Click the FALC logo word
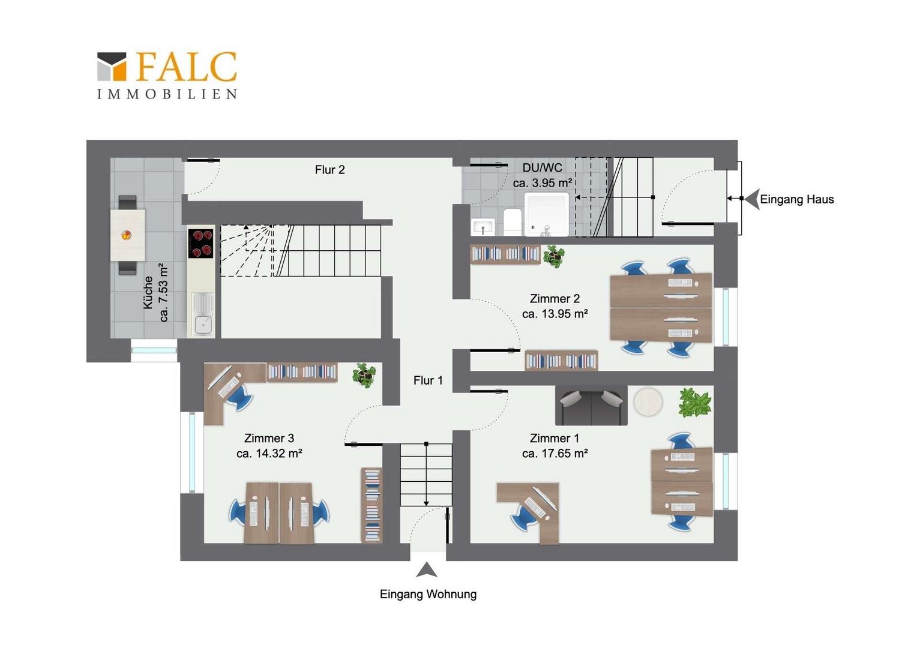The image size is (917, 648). [x=187, y=66]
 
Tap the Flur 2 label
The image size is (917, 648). [x=330, y=170]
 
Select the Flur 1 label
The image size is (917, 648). [x=428, y=380]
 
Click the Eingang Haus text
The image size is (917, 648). [x=797, y=200]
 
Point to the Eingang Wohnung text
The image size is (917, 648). [x=428, y=595]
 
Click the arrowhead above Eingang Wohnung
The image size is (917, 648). [x=427, y=569]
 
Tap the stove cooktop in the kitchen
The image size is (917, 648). [x=200, y=243]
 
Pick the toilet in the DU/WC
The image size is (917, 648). [x=513, y=221]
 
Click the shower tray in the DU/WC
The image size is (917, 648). [x=547, y=214]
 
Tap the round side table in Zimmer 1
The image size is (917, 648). [x=648, y=401]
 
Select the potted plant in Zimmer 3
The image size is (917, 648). [x=364, y=374]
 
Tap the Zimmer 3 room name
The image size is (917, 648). [x=269, y=439]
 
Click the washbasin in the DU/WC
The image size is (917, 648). [x=483, y=227]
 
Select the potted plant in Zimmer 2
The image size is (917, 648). [x=553, y=256]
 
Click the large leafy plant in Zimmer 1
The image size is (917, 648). [x=695, y=403]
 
